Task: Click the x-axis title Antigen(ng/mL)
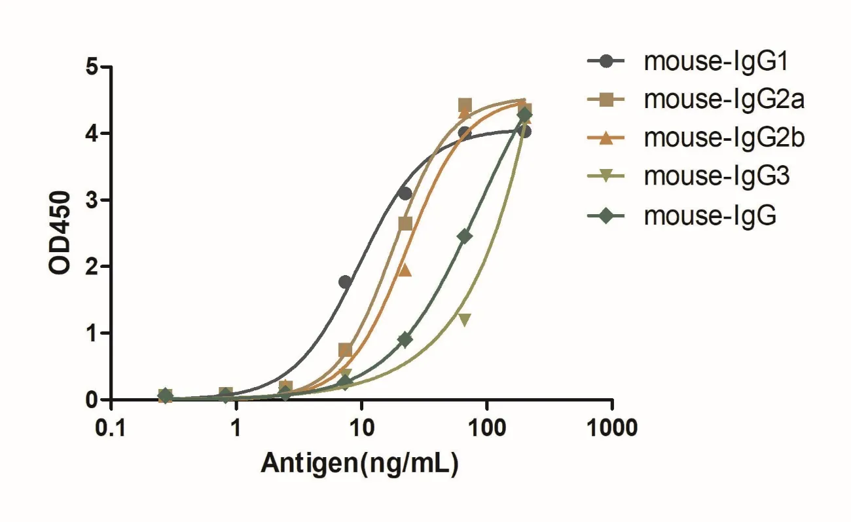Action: tap(359, 462)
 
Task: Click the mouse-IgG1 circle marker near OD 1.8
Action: tap(345, 282)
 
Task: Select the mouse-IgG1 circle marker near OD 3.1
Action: tap(405, 193)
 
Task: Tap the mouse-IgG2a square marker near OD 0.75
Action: tap(346, 350)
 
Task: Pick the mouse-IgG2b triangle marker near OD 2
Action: tap(405, 270)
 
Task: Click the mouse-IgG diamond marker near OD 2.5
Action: tap(465, 236)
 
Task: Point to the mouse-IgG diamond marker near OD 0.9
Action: tap(405, 339)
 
